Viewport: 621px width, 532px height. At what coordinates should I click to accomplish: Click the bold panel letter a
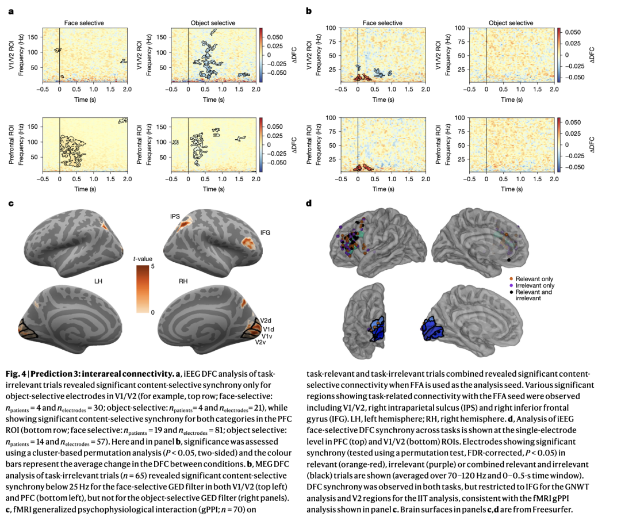[10, 10]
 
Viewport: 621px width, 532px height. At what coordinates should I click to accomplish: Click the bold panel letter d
[310, 203]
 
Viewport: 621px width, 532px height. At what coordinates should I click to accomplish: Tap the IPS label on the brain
[175, 216]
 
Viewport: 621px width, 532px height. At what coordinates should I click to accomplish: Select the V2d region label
[266, 320]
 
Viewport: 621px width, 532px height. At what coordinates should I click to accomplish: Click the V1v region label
[267, 335]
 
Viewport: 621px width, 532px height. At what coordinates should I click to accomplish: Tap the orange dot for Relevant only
[512, 278]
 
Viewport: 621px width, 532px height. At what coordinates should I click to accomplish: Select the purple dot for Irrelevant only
[512, 285]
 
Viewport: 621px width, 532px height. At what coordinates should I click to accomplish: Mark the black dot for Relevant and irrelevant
[512, 292]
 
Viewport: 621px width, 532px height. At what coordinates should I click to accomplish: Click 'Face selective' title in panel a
[84, 23]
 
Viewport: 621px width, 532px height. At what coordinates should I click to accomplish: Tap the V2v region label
[262, 342]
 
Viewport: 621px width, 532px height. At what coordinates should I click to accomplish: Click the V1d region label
[268, 328]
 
